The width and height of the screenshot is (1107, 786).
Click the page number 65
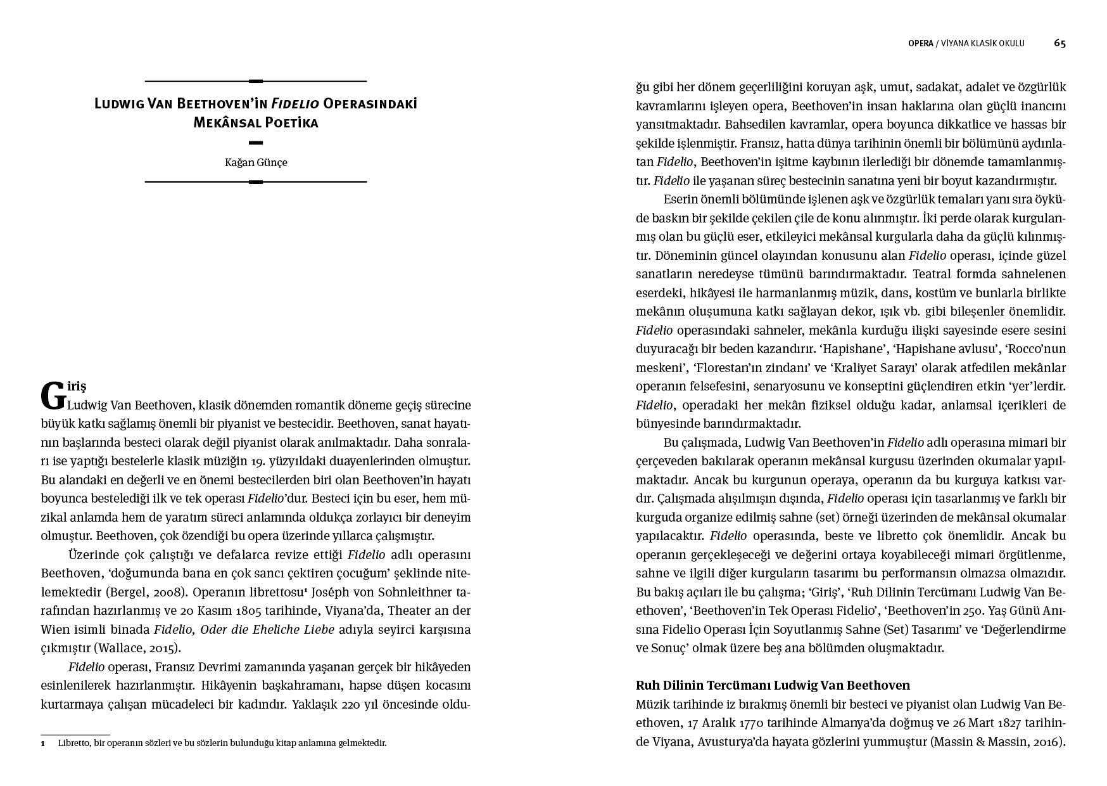(1060, 43)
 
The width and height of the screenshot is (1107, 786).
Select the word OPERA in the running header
(920, 44)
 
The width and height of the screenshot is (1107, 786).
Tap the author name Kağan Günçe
(256, 162)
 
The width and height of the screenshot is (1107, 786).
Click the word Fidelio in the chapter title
(295, 103)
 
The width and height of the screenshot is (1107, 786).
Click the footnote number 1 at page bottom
(43, 743)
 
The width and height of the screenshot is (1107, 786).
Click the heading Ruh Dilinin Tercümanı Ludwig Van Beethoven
(773, 685)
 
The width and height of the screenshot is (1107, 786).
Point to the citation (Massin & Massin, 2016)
(998, 742)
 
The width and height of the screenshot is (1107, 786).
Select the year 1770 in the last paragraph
(756, 723)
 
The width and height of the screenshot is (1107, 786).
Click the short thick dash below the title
(256, 143)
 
